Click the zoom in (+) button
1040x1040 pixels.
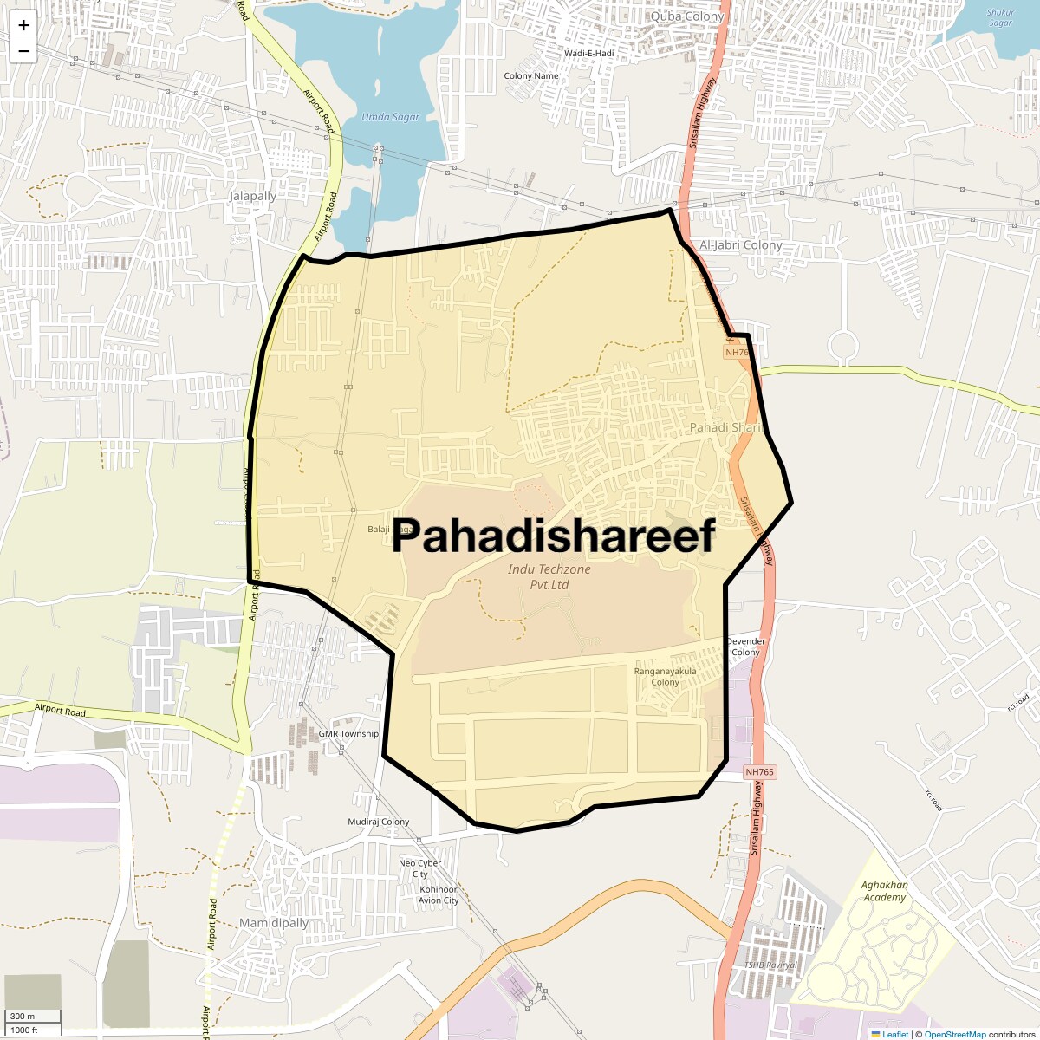[x=23, y=25]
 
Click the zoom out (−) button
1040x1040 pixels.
[x=23, y=51]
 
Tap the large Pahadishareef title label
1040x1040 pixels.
[x=553, y=536]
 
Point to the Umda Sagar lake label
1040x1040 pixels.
[x=390, y=117]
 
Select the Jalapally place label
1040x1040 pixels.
[x=252, y=196]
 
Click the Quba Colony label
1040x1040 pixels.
[x=686, y=16]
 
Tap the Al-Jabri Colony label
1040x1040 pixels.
[x=740, y=245]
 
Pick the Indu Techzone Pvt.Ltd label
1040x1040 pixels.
[x=549, y=577]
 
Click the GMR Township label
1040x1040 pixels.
[x=348, y=734]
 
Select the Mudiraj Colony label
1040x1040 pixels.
[x=379, y=822]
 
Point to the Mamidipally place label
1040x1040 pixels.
[x=273, y=923]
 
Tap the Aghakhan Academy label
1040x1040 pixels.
[x=884, y=891]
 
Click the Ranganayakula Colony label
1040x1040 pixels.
[x=665, y=677]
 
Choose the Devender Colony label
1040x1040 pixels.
[x=745, y=647]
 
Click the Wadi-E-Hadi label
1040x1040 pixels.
[x=588, y=54]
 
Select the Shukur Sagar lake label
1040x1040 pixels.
[x=1000, y=17]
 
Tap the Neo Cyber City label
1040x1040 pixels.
[x=420, y=868]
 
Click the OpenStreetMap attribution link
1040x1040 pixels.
[x=954, y=1034]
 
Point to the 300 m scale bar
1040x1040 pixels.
[x=33, y=1017]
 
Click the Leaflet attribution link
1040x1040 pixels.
[x=895, y=1034]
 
